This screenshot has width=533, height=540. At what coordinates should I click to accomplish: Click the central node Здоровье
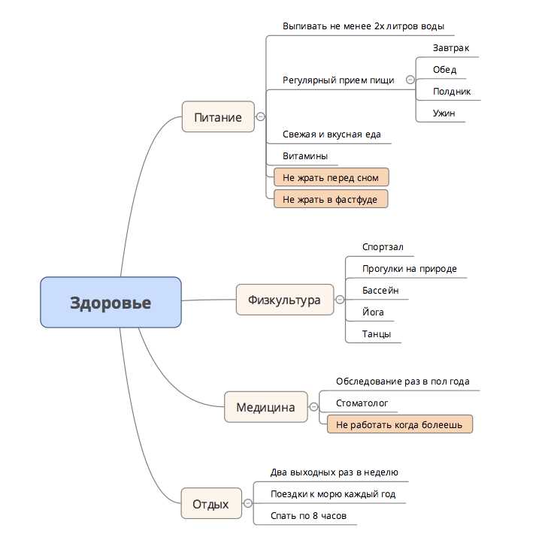(x=111, y=303)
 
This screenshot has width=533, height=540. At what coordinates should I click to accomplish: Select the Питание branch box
(x=218, y=117)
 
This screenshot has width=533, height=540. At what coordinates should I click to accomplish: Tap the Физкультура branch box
(x=284, y=300)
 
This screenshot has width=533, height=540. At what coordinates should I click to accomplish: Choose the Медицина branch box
(x=265, y=407)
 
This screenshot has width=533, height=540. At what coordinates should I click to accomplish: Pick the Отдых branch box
(x=210, y=504)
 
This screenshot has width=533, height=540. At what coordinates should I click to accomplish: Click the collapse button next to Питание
(x=260, y=117)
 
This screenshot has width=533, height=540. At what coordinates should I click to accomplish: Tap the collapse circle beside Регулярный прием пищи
(x=410, y=80)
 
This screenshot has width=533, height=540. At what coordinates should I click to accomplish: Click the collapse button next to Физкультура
(x=340, y=300)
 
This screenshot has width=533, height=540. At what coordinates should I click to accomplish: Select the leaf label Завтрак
(x=451, y=48)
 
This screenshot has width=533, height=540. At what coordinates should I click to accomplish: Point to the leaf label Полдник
(x=452, y=92)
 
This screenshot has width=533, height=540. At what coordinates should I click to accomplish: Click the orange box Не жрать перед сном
(x=331, y=178)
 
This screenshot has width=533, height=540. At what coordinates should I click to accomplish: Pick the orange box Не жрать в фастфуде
(x=331, y=199)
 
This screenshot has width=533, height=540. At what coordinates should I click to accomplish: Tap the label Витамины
(x=304, y=156)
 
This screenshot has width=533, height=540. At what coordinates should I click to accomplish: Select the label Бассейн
(x=380, y=291)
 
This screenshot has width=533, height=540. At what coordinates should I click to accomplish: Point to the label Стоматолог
(x=362, y=403)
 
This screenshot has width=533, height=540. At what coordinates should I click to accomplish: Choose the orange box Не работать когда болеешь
(x=400, y=424)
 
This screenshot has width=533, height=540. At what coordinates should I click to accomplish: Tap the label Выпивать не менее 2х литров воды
(x=358, y=26)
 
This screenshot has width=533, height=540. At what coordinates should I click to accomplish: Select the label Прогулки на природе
(x=410, y=269)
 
